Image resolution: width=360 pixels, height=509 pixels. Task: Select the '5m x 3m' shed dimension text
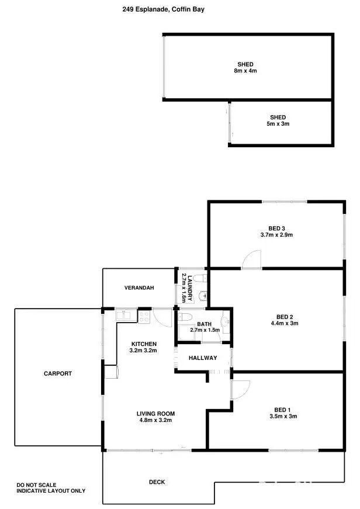[x=278, y=124]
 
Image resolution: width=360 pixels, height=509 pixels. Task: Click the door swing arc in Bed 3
[x=253, y=259]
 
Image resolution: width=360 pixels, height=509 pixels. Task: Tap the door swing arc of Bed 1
[x=241, y=389]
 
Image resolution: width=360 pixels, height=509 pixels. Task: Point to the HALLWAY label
[x=203, y=358]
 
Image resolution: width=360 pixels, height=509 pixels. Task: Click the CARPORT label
[x=58, y=373]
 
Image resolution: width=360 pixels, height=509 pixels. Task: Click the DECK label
[x=157, y=482]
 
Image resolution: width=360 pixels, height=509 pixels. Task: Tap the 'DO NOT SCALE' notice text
[x=34, y=484]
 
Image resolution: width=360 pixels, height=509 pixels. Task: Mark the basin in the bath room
[x=225, y=321]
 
